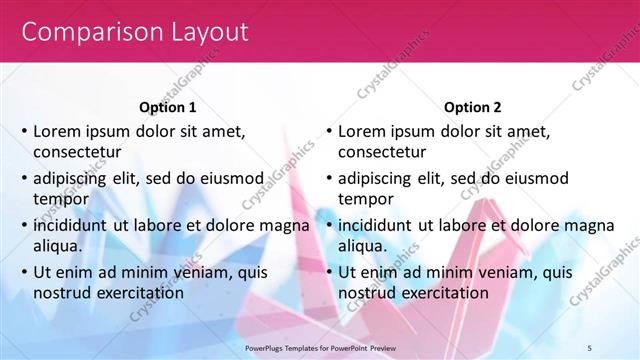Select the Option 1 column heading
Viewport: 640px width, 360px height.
pos(167,107)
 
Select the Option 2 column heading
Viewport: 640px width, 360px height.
pos(472,107)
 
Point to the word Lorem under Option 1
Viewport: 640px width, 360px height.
pos(58,131)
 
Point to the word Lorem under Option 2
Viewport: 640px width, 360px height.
pos(362,131)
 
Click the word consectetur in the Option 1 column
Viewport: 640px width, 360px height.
pos(78,152)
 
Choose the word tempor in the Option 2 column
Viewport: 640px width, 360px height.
pos(365,199)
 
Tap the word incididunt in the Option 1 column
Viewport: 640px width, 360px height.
pos(71,225)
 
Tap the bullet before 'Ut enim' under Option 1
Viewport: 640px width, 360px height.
pos(24,272)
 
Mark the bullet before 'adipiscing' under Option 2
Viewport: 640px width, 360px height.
pos(328,178)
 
